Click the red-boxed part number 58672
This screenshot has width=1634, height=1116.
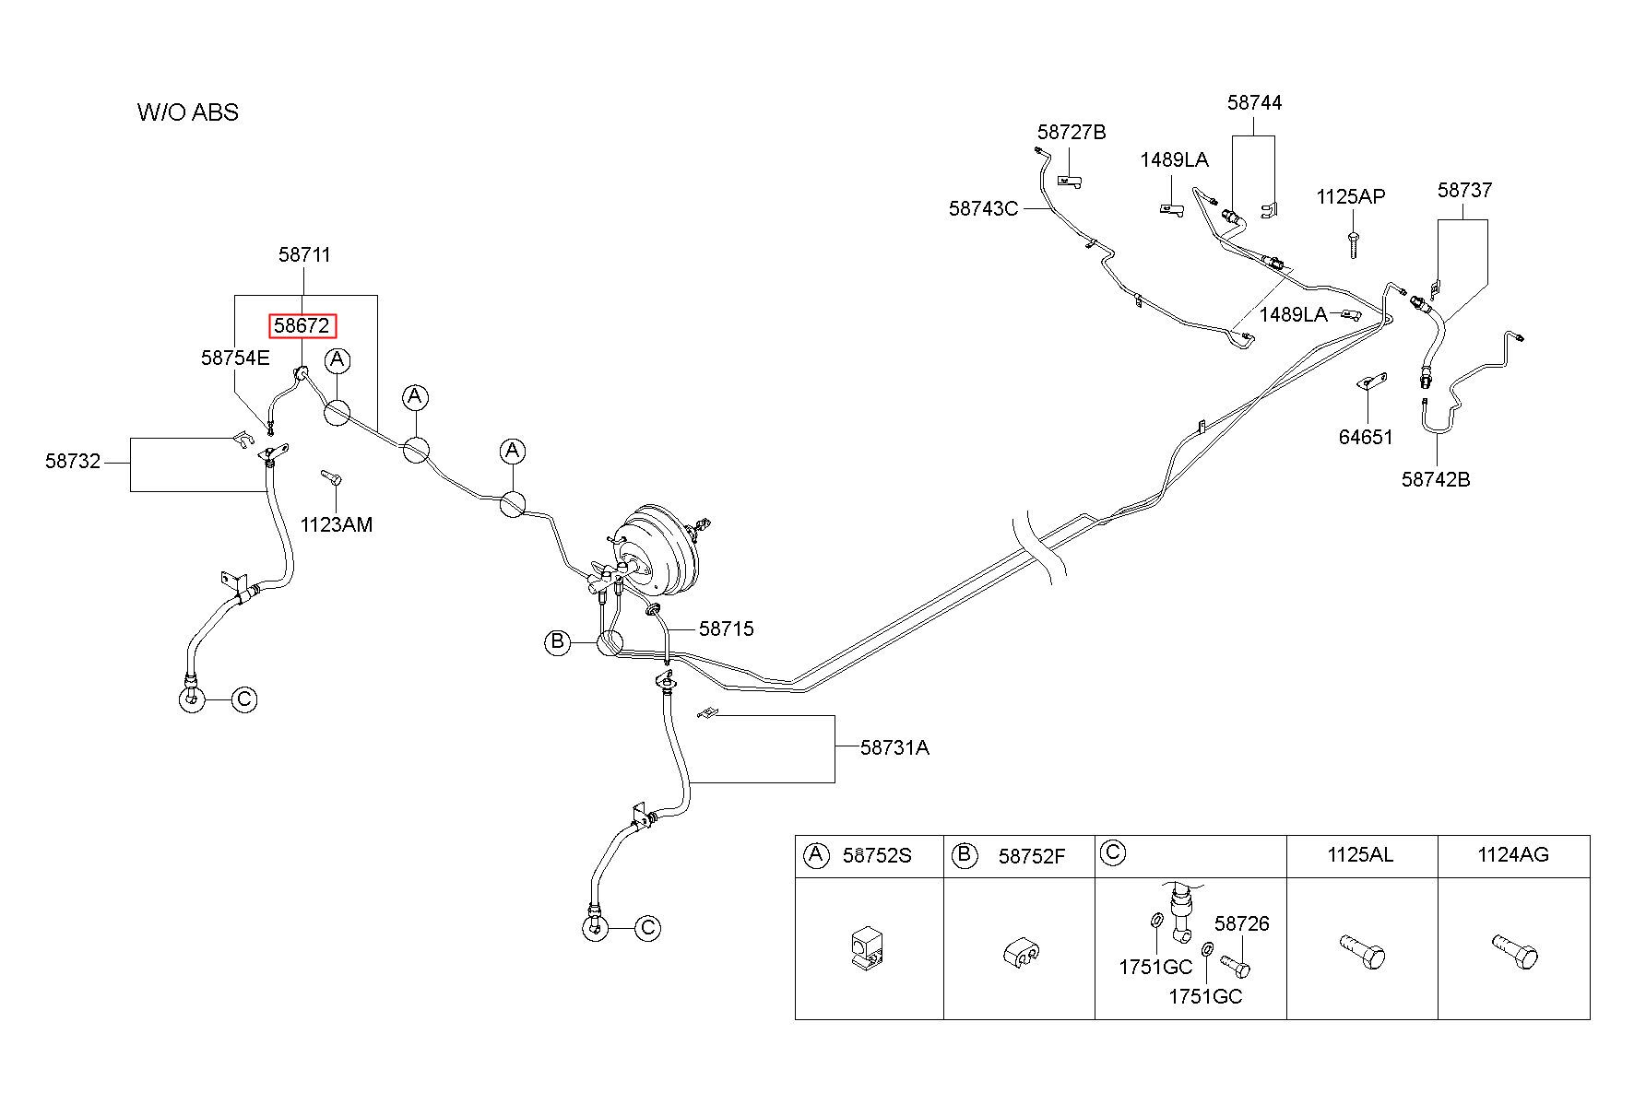(x=302, y=325)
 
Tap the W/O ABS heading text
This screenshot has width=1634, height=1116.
(x=188, y=112)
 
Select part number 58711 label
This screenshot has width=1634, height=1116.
(x=304, y=254)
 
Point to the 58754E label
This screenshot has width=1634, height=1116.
(x=235, y=358)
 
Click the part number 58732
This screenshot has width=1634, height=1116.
(x=73, y=461)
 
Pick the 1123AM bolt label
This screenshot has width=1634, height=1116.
(x=337, y=524)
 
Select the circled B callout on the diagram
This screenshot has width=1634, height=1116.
(x=558, y=642)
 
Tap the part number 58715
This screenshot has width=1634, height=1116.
(x=727, y=628)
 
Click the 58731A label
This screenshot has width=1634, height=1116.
(x=894, y=747)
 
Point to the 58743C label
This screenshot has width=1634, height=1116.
(x=983, y=208)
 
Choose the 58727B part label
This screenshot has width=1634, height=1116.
(x=1072, y=132)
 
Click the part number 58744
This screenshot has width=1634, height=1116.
(x=1254, y=102)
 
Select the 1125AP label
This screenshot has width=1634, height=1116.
(x=1350, y=196)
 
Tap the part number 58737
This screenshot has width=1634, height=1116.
(x=1464, y=190)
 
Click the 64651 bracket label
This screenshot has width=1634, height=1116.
(x=1366, y=437)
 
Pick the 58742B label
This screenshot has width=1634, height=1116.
(x=1436, y=479)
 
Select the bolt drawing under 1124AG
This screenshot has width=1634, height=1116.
(x=1514, y=951)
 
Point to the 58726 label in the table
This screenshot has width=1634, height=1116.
(x=1241, y=922)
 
